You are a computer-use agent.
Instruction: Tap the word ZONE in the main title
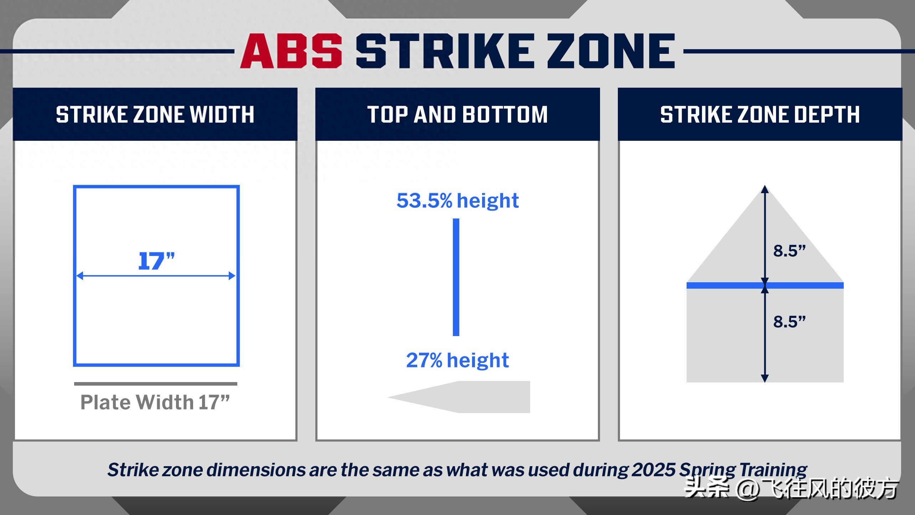coord(610,51)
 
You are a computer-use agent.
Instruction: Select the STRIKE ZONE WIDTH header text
coord(155,114)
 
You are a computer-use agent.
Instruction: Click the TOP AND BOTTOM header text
coord(457,114)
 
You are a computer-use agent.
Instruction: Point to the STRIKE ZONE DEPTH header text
coord(760,114)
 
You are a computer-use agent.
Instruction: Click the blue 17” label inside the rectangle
coord(156,261)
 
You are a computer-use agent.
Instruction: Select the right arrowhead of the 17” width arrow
coord(232,275)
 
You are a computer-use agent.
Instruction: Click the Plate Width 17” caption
coord(155,402)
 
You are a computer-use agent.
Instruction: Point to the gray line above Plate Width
coord(156,384)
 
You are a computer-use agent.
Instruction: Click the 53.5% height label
coord(457,201)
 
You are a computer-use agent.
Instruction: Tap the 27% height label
coord(457,360)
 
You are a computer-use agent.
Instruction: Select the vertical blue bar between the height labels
coord(456,277)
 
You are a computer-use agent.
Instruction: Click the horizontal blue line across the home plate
coord(723,285)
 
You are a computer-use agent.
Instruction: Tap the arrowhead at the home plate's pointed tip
coord(765,189)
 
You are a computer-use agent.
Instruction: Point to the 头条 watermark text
coord(707,488)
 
